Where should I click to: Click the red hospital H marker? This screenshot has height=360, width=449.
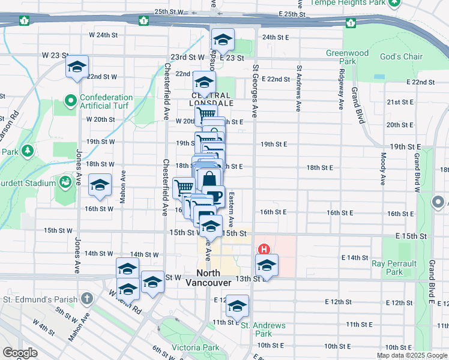coord(262,248)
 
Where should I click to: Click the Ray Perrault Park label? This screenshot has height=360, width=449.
coord(394,268)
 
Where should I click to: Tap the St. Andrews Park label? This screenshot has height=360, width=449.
coord(264,330)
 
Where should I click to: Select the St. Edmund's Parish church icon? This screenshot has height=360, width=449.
coord(87,299)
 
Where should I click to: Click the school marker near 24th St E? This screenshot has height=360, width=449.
coord(223,41)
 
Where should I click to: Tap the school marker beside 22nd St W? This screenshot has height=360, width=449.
coord(77,67)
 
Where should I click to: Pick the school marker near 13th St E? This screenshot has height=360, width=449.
coord(267,264)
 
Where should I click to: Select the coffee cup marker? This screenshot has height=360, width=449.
coord(214,196)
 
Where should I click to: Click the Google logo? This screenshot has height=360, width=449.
coord(20,353)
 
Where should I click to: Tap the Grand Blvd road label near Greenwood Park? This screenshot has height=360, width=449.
coord(358,106)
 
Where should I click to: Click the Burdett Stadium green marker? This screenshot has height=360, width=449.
coord(64,181)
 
